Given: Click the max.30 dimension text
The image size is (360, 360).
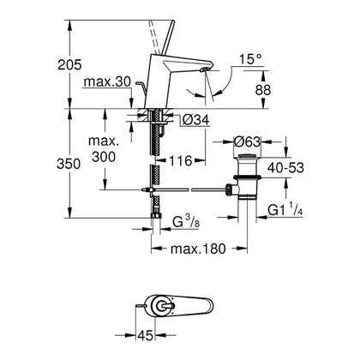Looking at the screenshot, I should coord(107,82).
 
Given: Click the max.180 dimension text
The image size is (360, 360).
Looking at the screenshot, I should coord(195,250).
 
